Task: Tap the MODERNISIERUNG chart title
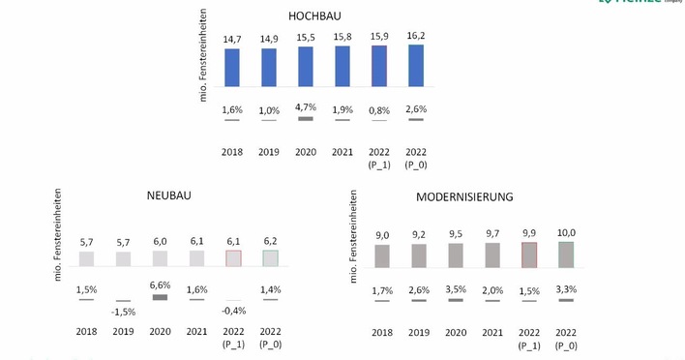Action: click(x=463, y=196)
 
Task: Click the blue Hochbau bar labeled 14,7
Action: click(x=232, y=67)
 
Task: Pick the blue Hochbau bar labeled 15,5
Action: click(x=306, y=66)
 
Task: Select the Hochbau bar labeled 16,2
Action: click(x=416, y=65)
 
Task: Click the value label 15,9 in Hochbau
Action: click(x=379, y=38)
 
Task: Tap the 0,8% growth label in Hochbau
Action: click(x=379, y=109)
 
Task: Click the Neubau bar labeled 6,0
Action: click(x=160, y=258)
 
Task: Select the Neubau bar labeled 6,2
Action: click(x=270, y=258)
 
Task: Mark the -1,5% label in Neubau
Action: click(x=123, y=312)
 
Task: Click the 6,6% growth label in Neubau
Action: click(x=160, y=285)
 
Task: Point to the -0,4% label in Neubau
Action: click(x=233, y=312)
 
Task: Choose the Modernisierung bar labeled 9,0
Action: click(x=382, y=255)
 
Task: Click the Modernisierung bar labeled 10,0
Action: click(x=566, y=254)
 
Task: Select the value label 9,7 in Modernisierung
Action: click(x=492, y=233)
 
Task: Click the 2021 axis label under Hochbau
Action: click(x=342, y=152)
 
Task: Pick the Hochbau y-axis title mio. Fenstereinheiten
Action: click(x=204, y=67)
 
